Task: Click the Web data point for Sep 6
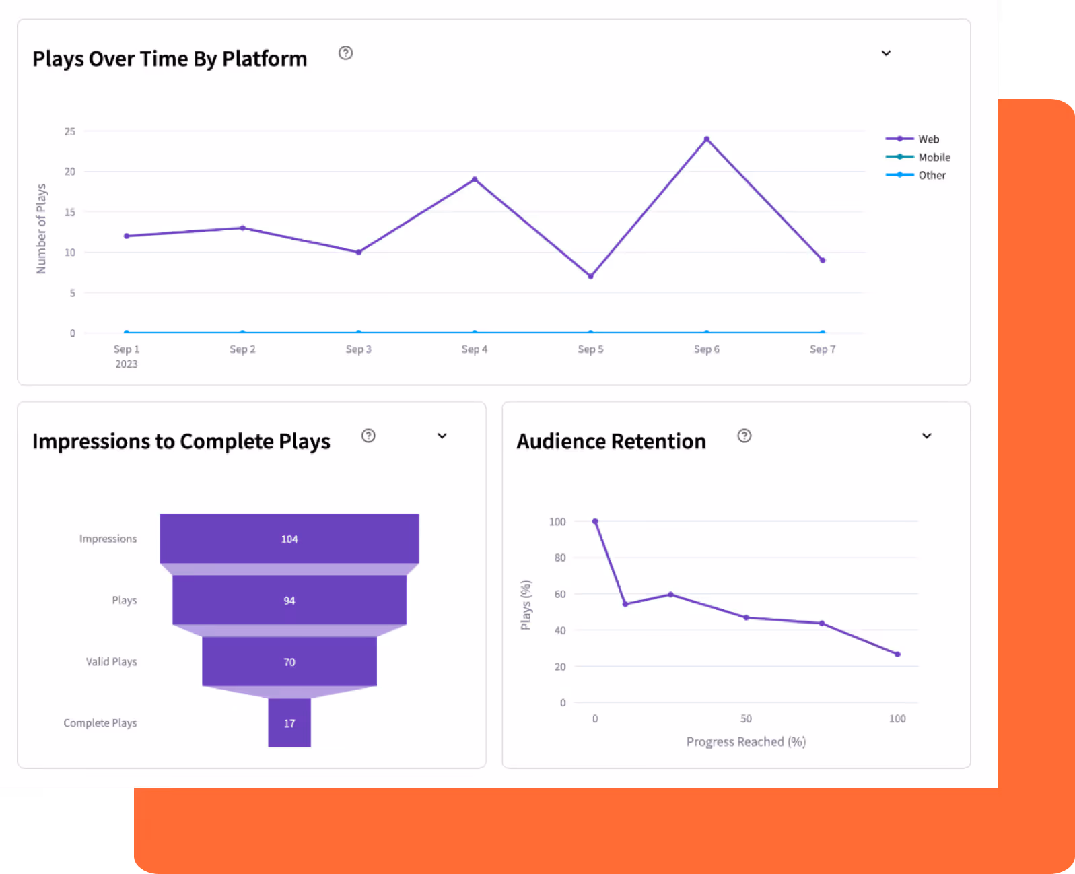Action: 707,139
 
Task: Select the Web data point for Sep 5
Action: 590,276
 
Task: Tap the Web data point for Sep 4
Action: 475,179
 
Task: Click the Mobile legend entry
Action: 918,157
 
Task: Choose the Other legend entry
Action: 915,175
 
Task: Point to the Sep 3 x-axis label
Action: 358,349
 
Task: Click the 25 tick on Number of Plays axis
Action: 69,131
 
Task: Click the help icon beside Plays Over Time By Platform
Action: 346,53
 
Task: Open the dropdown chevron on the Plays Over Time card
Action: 887,53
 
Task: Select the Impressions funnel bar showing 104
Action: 289,539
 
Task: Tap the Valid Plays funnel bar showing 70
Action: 289,661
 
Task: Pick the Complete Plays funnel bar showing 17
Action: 289,723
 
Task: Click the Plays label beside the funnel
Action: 124,600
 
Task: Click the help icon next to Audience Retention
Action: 744,436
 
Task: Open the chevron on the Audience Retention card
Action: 927,436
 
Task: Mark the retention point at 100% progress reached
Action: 897,654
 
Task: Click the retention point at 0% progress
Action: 595,521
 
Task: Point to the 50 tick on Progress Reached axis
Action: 746,718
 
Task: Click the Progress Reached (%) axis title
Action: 746,742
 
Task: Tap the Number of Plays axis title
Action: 41,229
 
